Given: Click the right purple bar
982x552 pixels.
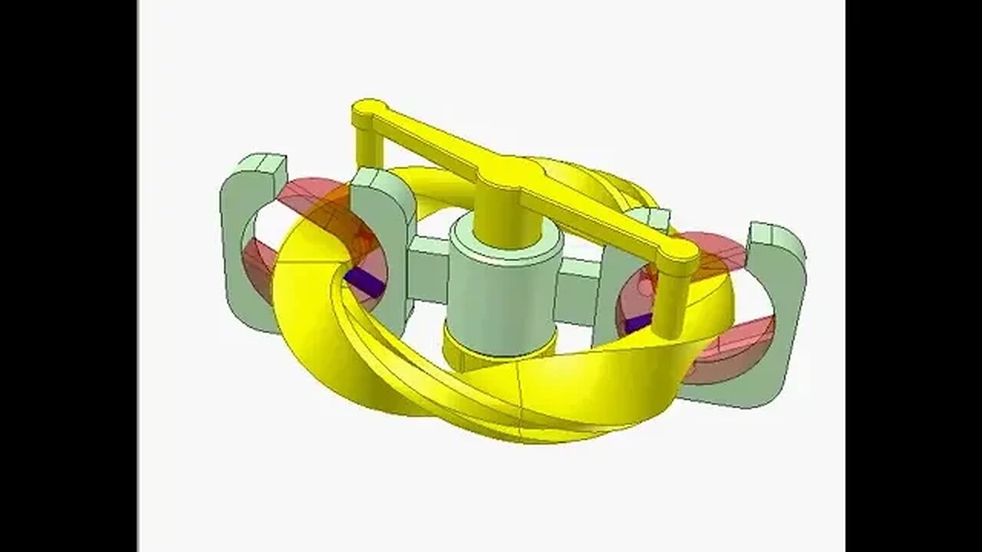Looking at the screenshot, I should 638,322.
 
